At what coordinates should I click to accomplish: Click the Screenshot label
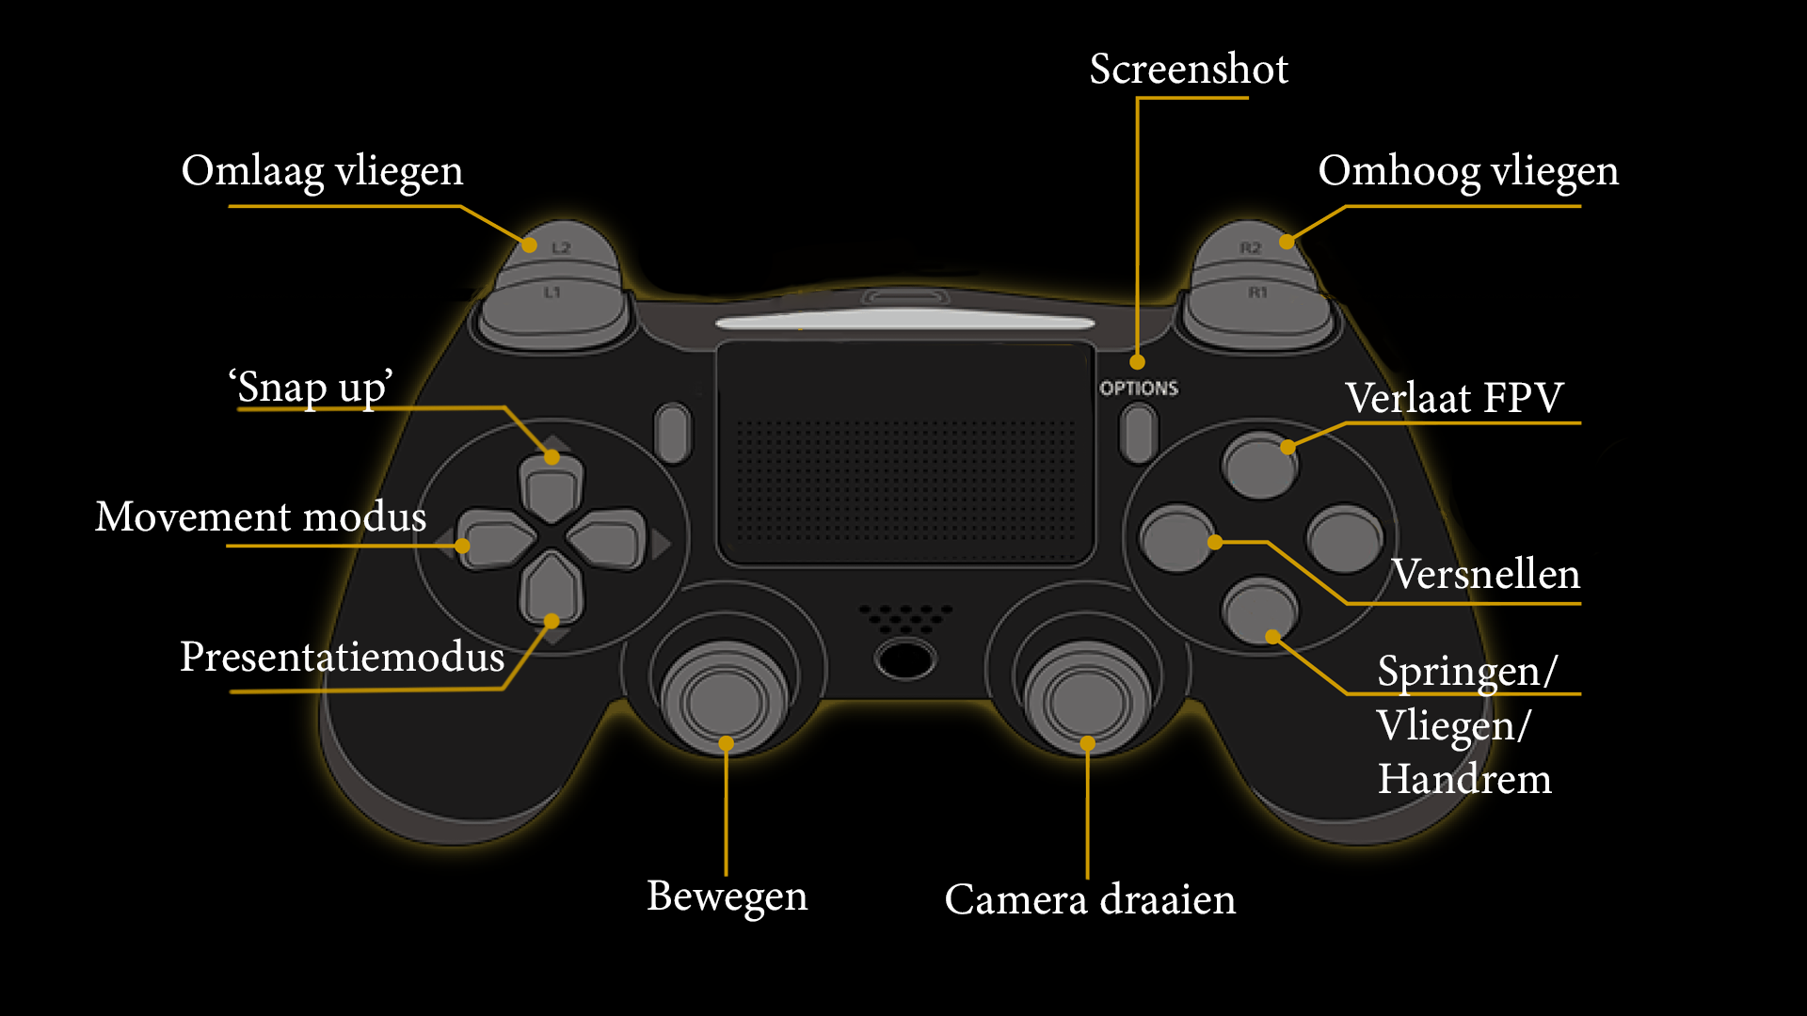(1189, 69)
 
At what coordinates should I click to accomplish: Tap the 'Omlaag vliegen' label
(322, 171)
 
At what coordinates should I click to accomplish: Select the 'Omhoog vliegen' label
(1467, 171)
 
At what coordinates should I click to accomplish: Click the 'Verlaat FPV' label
(1453, 398)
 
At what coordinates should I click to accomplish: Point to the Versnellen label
(1485, 574)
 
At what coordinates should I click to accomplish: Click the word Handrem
(1464, 779)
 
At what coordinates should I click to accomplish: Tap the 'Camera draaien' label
(1090, 899)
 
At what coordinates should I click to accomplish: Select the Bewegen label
(727, 896)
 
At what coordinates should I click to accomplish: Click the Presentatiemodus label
(342, 657)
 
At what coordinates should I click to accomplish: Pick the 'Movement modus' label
(261, 516)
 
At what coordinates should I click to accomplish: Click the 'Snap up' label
(311, 387)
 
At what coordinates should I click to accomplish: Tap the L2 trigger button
(560, 246)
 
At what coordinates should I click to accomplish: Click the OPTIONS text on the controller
(1139, 388)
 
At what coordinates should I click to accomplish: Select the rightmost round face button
(1345, 539)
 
